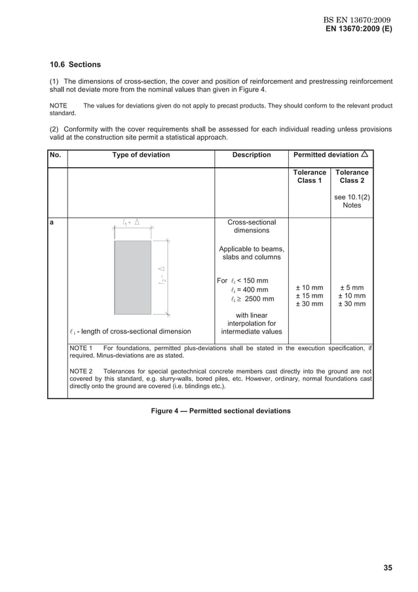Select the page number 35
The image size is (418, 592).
point(388,568)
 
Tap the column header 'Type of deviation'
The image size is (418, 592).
point(141,155)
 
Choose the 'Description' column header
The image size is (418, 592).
point(252,155)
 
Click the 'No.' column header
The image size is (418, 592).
point(57,155)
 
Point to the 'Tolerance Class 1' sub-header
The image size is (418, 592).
point(309,176)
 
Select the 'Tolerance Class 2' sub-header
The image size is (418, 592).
point(352,176)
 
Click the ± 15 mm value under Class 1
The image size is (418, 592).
point(309,296)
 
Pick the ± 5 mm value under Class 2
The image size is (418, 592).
point(352,288)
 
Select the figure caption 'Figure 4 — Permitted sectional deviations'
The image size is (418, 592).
point(221,411)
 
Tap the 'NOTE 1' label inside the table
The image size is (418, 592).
point(82,348)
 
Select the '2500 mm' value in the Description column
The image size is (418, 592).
point(259,300)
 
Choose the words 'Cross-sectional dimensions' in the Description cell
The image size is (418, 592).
point(252,227)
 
